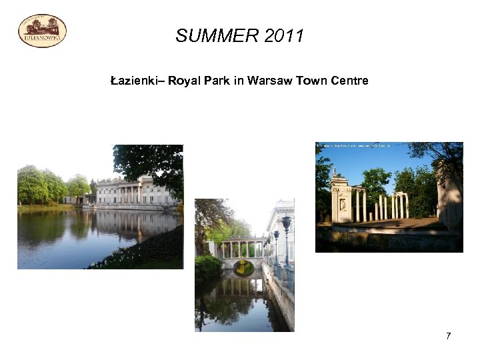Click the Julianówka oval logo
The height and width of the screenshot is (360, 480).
(42, 31)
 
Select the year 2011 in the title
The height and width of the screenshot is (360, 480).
(283, 36)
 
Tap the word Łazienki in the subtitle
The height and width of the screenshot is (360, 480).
(134, 81)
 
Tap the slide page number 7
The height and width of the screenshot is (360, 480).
(448, 336)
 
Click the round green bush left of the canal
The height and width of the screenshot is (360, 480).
(208, 267)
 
